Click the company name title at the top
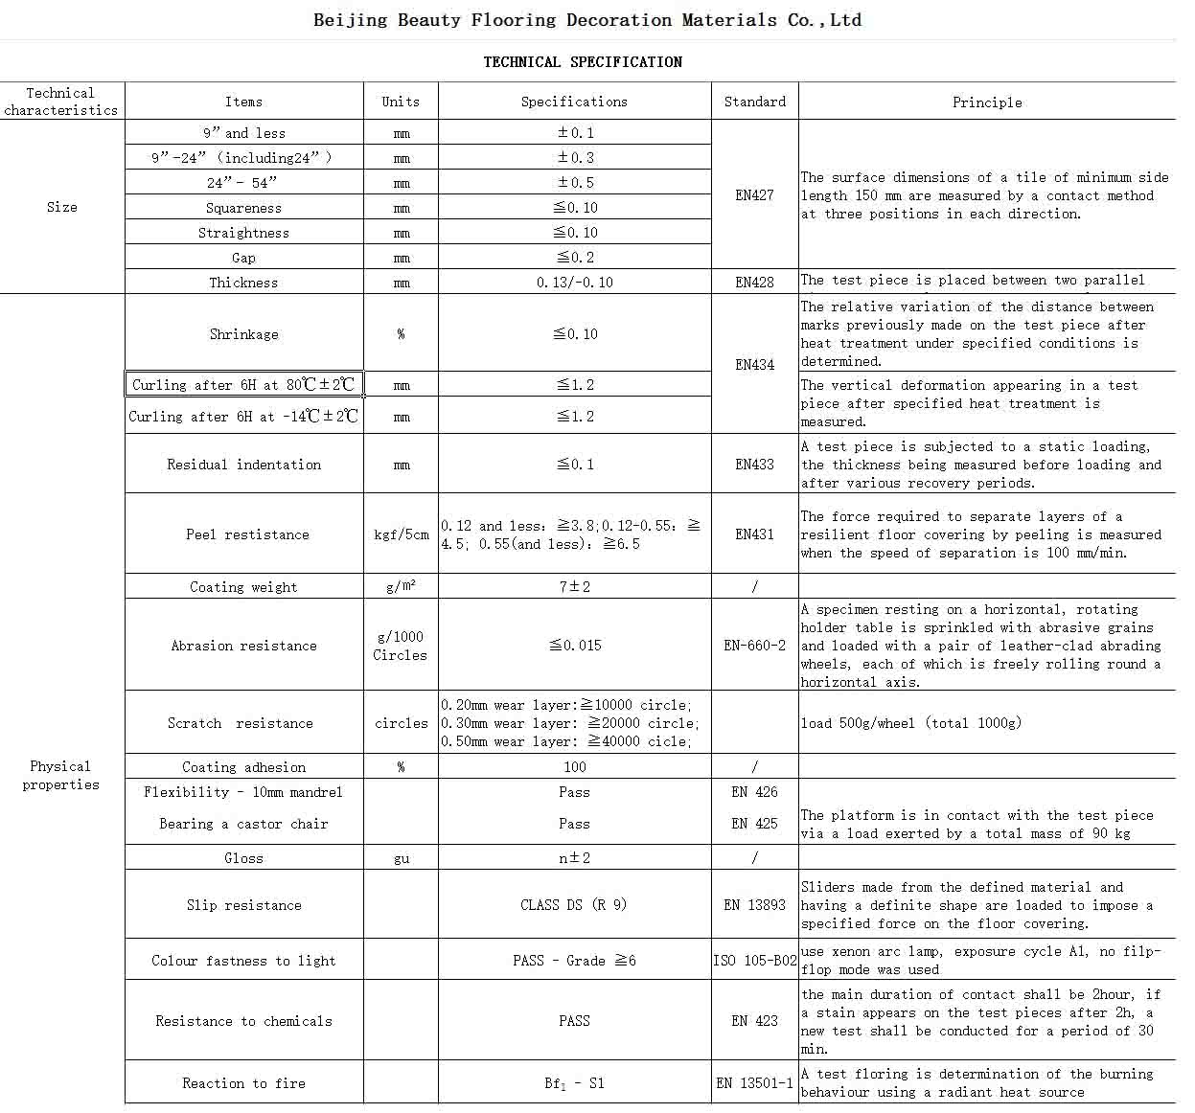click(587, 20)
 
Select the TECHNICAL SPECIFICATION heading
click(583, 62)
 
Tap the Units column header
click(401, 102)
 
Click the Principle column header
click(986, 102)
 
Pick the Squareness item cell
click(243, 208)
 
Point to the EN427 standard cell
click(754, 195)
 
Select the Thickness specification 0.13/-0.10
click(575, 283)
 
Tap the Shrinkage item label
click(243, 334)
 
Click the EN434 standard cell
click(754, 365)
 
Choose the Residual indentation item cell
click(243, 465)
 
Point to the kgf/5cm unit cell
click(401, 534)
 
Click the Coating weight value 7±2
click(575, 587)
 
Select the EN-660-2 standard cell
click(754, 646)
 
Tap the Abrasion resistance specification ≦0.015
click(575, 646)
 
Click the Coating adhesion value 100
click(575, 767)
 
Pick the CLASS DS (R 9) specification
click(574, 905)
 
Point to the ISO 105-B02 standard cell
click(754, 961)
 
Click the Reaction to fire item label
click(243, 1083)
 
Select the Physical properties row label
click(61, 775)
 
